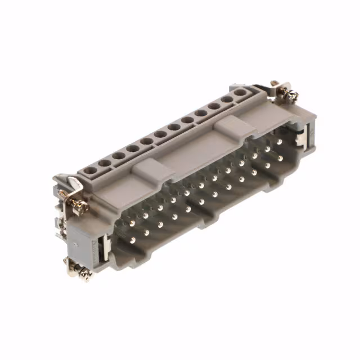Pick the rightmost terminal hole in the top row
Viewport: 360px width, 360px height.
click(x=241, y=92)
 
